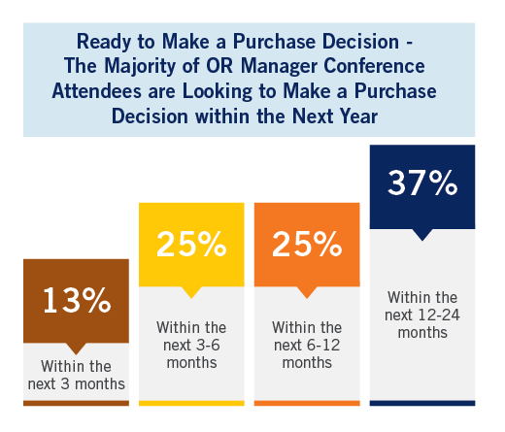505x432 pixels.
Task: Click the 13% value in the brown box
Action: pos(77,300)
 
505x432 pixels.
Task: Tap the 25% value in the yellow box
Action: pos(191,244)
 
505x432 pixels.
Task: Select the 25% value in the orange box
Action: pos(307,244)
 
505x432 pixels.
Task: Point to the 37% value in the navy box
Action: pos(422,183)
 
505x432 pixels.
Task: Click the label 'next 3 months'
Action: pos(77,384)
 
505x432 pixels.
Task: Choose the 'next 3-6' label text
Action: pos(191,346)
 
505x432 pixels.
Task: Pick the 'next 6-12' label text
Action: pos(307,346)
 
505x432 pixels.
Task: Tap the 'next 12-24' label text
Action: pos(422,316)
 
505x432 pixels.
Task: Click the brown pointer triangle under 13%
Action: pos(76,348)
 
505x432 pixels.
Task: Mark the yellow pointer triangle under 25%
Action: pos(191,291)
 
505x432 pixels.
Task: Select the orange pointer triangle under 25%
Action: pos(307,291)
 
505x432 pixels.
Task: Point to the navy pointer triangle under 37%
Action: pos(422,234)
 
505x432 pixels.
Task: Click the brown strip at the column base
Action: pos(76,403)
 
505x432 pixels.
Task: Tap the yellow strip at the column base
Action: pos(191,403)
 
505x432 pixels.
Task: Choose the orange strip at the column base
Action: pos(307,403)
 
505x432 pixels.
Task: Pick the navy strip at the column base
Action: pos(422,403)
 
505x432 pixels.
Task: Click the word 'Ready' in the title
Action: pos(104,43)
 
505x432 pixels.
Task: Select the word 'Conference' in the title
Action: pos(374,66)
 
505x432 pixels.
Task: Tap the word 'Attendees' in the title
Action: pos(97,91)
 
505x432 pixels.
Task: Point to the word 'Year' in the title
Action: pos(358,116)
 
